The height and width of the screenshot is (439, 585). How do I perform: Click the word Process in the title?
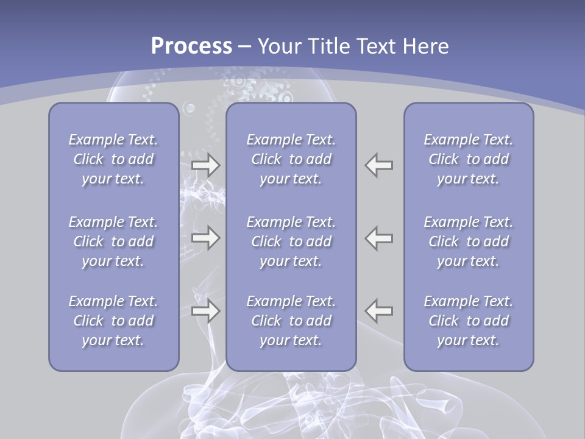[x=191, y=46]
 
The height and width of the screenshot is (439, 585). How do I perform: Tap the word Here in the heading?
[x=426, y=46]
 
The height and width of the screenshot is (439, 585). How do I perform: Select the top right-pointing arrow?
[x=206, y=165]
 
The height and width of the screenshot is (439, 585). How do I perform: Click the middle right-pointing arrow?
[x=206, y=238]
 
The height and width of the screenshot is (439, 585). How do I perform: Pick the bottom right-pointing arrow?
[x=206, y=311]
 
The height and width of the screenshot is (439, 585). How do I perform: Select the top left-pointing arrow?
[x=379, y=165]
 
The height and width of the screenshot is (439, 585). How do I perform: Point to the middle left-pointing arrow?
[x=379, y=238]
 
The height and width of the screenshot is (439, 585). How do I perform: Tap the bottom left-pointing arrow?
[x=379, y=311]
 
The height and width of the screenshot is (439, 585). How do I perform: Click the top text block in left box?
[x=113, y=159]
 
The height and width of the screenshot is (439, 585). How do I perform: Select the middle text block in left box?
[x=113, y=241]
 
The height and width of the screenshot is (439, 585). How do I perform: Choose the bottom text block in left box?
[x=113, y=321]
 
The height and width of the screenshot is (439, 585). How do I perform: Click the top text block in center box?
[x=291, y=159]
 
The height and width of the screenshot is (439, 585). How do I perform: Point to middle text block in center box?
[x=291, y=241]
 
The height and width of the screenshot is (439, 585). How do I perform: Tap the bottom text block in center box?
[x=291, y=321]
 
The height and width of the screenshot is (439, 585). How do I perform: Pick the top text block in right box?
[x=469, y=159]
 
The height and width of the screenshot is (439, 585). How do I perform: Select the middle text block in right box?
[x=469, y=241]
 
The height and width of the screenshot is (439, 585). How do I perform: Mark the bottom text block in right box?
[x=469, y=321]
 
